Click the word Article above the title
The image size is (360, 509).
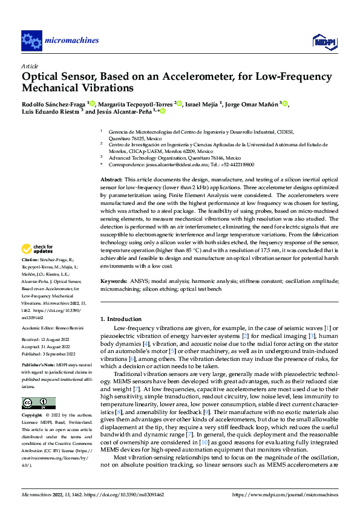tap(30, 66)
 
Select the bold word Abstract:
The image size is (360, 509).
tap(111, 180)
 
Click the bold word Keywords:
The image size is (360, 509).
tap(113, 281)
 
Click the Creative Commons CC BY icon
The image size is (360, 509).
tap(38, 387)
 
